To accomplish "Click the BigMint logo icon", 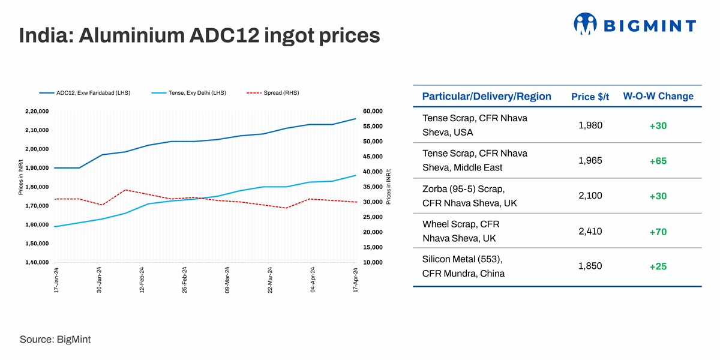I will (x=585, y=24).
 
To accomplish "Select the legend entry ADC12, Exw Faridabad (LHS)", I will (x=85, y=93).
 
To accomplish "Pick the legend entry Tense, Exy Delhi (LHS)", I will (x=188, y=93).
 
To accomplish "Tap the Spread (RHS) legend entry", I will (x=273, y=93).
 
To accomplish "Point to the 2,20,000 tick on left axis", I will (x=38, y=112).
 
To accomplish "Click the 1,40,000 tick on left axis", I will (x=38, y=263).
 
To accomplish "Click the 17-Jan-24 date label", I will (x=56, y=280).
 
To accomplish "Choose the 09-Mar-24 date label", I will (x=227, y=280).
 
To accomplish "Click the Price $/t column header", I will (x=590, y=97).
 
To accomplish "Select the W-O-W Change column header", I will (x=658, y=97).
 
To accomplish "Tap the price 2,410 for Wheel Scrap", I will (x=590, y=232).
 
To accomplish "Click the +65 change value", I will (x=658, y=161).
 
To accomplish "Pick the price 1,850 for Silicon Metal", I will (x=590, y=266).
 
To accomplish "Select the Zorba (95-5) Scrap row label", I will (x=463, y=189).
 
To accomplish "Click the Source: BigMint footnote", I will (x=55, y=340).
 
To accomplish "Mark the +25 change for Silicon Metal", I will (x=658, y=267).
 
